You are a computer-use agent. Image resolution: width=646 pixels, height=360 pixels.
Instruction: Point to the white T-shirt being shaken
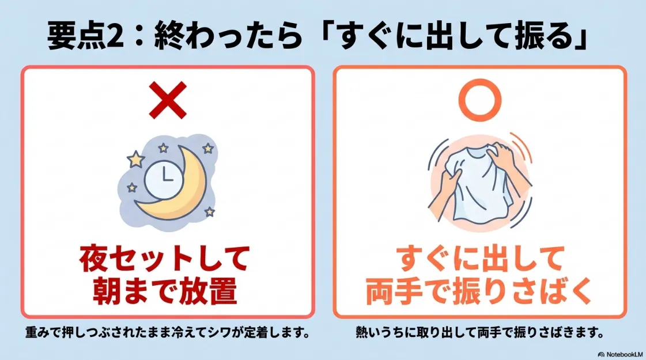click(x=474, y=185)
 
